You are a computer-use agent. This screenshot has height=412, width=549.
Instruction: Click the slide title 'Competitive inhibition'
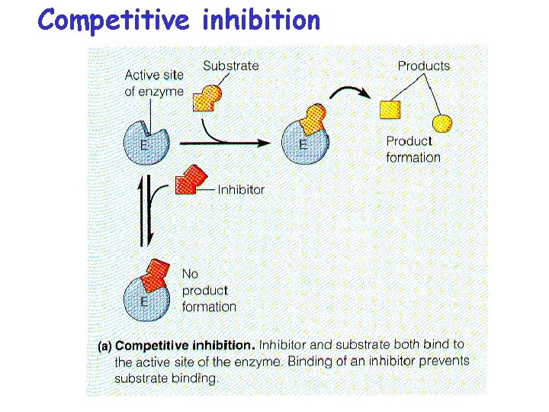pos(179,20)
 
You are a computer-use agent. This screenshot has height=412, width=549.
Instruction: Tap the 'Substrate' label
pos(230,66)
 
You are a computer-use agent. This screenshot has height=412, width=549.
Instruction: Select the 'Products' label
pos(423,66)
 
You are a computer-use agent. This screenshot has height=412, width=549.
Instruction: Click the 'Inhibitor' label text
pos(241,189)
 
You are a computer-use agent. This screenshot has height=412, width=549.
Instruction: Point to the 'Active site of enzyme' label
pos(154,83)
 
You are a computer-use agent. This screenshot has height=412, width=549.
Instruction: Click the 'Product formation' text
pos(413,149)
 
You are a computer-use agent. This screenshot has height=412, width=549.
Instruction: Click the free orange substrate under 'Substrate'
pos(207,98)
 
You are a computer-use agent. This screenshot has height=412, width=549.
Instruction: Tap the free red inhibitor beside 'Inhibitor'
pos(190,179)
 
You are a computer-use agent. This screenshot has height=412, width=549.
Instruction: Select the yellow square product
pos(390,109)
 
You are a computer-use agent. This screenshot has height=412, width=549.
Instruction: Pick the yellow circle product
pos(441,123)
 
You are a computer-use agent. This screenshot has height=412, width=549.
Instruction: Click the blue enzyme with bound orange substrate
pos(305,142)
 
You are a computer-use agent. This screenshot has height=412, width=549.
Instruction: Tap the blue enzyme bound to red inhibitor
pos(146,296)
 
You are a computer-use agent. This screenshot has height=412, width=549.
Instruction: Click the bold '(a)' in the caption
pos(105,346)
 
